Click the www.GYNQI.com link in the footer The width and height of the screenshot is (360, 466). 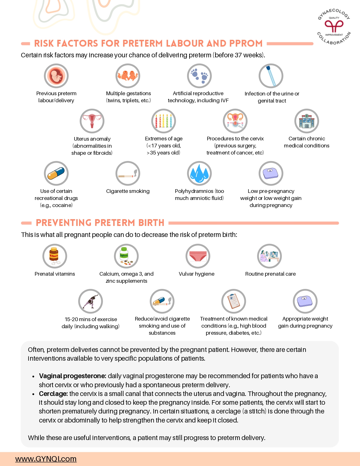[46, 459]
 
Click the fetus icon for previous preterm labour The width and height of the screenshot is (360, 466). [56, 76]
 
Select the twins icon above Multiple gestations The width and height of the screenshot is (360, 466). [128, 76]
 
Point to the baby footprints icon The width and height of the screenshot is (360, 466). [199, 76]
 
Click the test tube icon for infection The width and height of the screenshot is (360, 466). [271, 76]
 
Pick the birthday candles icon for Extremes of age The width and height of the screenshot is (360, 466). [164, 121]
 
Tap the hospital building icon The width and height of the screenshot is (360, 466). [307, 121]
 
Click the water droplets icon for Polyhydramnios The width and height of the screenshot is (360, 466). [199, 173]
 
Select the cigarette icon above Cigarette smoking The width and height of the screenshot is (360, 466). [128, 173]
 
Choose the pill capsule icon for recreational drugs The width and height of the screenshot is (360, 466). [56, 173]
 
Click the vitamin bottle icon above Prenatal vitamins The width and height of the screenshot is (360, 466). [55, 256]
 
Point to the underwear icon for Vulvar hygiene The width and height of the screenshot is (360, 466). [198, 256]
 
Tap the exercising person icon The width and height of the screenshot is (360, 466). [91, 301]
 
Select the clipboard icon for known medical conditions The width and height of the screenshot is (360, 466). [234, 301]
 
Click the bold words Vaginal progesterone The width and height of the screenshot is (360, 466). [73, 376]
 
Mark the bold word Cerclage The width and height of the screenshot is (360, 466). [53, 394]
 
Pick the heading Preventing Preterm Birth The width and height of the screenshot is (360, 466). [100, 223]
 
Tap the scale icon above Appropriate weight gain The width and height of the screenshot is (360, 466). [305, 301]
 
